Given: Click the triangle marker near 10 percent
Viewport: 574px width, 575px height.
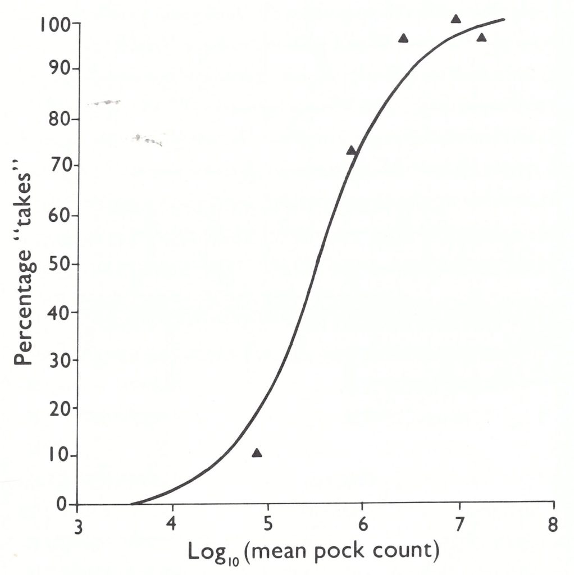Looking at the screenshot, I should [x=257, y=453].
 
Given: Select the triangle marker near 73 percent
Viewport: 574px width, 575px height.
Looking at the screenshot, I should [x=352, y=150].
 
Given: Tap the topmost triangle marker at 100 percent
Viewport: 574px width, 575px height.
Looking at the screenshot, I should [x=456, y=19].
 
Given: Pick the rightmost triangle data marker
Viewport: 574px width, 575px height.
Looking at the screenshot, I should [x=481, y=38].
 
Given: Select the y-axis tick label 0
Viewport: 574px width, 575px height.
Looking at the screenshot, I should [x=62, y=504].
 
